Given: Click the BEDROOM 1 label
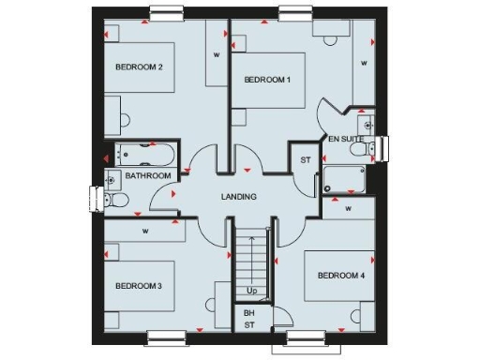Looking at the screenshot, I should click(267, 80).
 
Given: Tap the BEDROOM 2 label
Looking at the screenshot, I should click(140, 67).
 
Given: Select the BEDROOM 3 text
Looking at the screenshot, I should click(140, 286).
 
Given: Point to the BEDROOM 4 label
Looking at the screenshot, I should click(340, 276).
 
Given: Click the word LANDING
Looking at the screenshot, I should click(239, 197).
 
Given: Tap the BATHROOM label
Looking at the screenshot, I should click(148, 175).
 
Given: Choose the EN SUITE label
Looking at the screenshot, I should click(346, 139).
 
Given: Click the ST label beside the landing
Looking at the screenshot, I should click(305, 160).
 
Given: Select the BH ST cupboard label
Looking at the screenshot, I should click(249, 319).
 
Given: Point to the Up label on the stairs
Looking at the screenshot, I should click(252, 291).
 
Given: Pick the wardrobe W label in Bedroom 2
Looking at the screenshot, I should click(217, 54).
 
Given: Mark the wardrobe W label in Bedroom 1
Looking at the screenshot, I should click(362, 64).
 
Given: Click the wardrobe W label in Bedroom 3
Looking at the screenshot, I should click(145, 230).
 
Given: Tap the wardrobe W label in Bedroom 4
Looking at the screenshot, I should click(349, 208).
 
